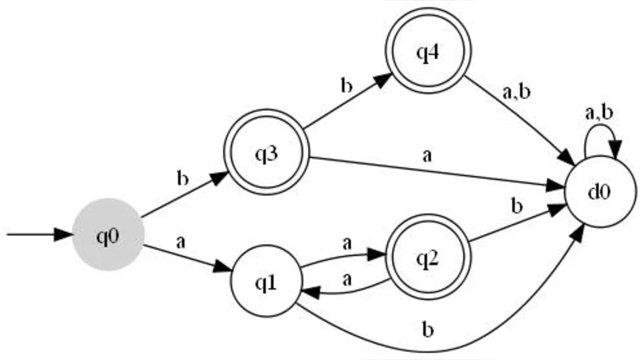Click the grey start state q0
(x=108, y=234)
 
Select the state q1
(x=266, y=282)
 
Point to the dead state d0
(x=601, y=192)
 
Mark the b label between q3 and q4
(x=346, y=86)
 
